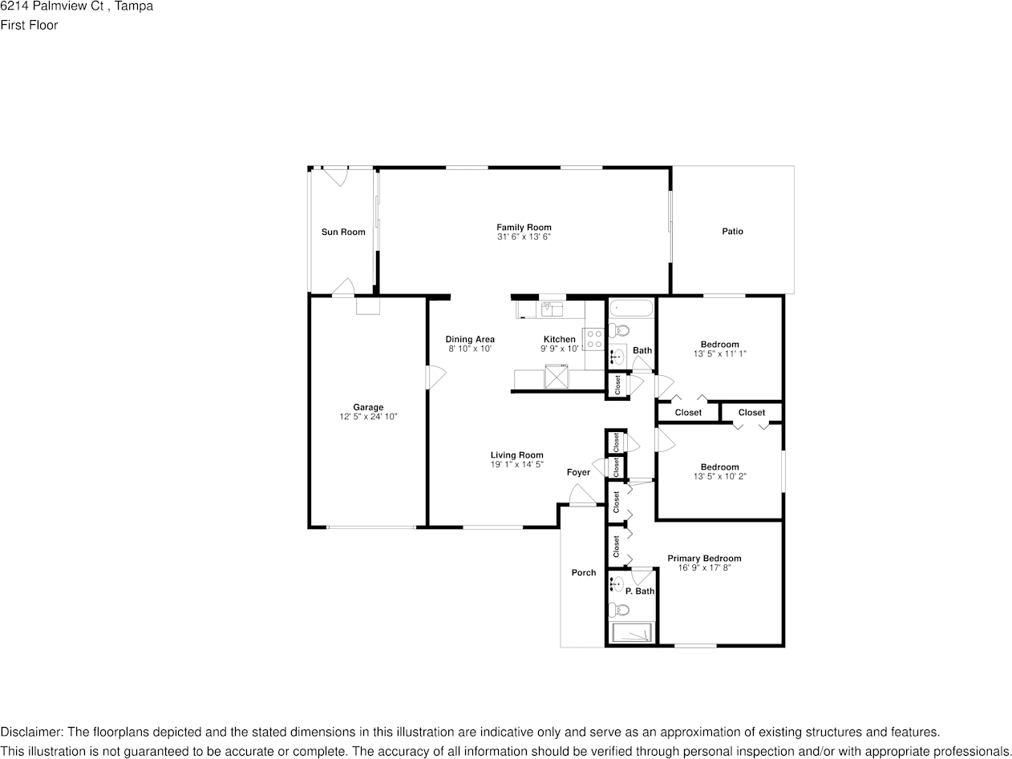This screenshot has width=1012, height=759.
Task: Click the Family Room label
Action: coord(524,227)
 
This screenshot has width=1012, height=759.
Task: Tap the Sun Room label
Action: coord(343,232)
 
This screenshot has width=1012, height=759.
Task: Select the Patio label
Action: coord(732,231)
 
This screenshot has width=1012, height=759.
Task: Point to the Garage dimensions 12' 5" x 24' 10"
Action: coord(368,417)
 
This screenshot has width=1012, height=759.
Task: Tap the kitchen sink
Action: coord(552,309)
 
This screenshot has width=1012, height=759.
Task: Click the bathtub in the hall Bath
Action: coord(631,308)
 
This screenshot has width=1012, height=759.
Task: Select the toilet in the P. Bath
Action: coord(619,611)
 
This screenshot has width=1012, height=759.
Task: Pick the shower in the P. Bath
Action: coord(631,632)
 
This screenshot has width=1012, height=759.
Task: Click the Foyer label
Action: coord(578,472)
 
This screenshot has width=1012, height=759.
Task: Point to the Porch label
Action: coord(584,572)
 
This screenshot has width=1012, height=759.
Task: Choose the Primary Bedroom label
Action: coord(704,558)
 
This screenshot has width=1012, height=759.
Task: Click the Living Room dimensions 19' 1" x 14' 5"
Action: coord(517,464)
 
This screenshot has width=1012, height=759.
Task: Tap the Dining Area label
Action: coord(470,339)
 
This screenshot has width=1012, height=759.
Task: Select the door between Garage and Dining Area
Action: coord(435,377)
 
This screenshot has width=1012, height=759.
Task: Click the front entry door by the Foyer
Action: coord(583,496)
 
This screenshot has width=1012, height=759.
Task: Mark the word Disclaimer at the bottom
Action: coord(31,732)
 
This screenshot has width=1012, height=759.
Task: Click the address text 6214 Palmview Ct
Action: coord(52,6)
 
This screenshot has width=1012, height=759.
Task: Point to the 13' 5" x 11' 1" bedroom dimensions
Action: coord(719,353)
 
